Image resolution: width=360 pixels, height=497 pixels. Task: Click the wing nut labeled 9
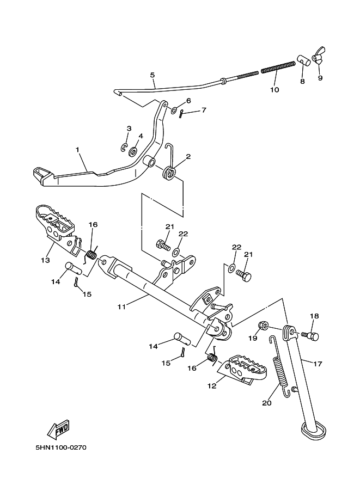pyautogui.click(x=319, y=57)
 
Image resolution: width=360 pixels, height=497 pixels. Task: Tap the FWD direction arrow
pyautogui.click(x=58, y=430)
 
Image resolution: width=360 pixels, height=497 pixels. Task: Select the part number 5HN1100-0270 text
pyautogui.click(x=61, y=448)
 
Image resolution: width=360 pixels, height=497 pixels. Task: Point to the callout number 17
pyautogui.click(x=318, y=364)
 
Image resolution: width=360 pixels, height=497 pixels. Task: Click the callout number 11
pyautogui.click(x=121, y=306)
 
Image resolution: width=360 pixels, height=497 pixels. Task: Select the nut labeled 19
pyautogui.click(x=263, y=325)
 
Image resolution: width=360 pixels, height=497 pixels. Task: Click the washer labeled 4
pyautogui.click(x=133, y=151)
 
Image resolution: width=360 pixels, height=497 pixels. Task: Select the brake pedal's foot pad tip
pyautogui.click(x=41, y=175)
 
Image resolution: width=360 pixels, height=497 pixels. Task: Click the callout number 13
pyautogui.click(x=45, y=260)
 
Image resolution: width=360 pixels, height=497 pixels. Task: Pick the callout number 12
pyautogui.click(x=212, y=386)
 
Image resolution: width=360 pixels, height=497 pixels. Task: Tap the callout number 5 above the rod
pyautogui.click(x=152, y=75)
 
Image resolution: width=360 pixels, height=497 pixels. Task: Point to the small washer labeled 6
pyautogui.click(x=174, y=111)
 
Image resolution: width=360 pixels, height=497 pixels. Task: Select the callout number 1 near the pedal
pyautogui.click(x=77, y=149)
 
